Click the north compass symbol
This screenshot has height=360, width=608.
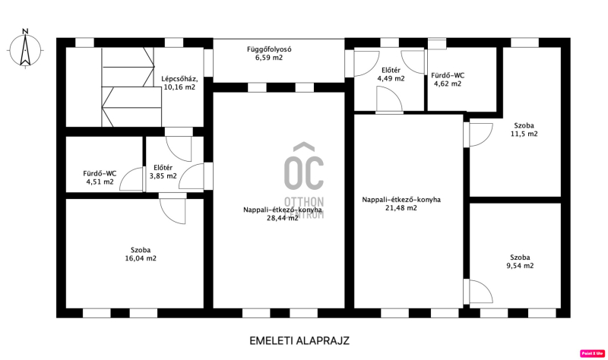[x=25, y=49]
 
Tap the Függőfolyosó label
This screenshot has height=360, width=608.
[x=269, y=49]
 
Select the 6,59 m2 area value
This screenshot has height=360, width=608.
[x=269, y=58]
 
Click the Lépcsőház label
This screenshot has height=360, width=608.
[x=179, y=79]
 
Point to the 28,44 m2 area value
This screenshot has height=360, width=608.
[x=282, y=218]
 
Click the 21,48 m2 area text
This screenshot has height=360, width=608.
[x=401, y=207]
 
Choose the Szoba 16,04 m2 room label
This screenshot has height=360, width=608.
[x=141, y=254]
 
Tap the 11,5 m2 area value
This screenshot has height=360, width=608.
[x=524, y=134]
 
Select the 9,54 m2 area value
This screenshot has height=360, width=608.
[x=520, y=266]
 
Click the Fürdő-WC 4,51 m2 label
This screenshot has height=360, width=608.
[x=100, y=178]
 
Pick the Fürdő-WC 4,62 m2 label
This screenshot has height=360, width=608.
[x=448, y=80]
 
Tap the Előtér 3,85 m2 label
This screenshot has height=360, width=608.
[x=163, y=172]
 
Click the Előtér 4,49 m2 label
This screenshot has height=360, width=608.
[x=391, y=74]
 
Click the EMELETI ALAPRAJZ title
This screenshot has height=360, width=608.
[x=299, y=340]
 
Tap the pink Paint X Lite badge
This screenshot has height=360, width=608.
[x=593, y=353]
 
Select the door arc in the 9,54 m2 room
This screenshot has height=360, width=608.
[x=487, y=289]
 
